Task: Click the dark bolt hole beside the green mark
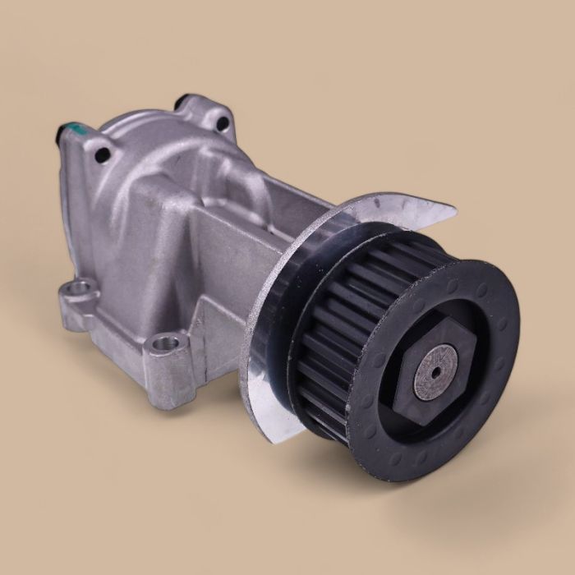point(102,154)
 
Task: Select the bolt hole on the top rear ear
point(222,123)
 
